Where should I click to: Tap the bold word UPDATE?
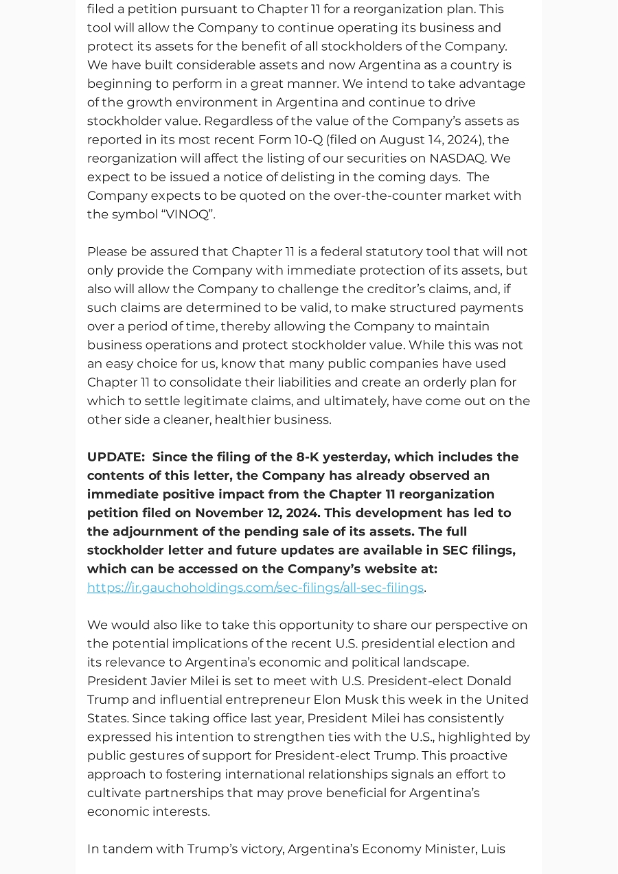(115, 457)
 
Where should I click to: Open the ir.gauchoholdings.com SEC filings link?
(255, 588)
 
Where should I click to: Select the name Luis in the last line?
(493, 849)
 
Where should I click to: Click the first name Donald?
(489, 681)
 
